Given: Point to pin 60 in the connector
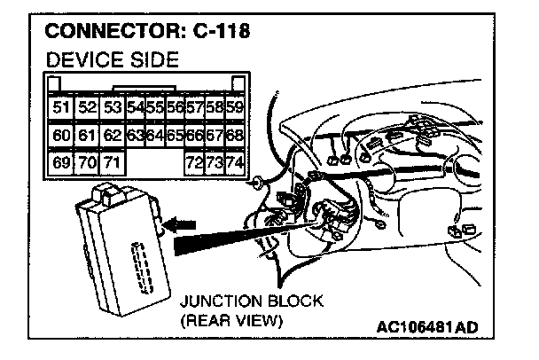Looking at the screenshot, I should [x=60, y=137].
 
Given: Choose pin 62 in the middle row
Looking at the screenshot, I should [x=112, y=137].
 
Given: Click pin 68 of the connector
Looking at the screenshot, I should [x=235, y=137].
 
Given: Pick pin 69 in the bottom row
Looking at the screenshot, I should [x=60, y=164].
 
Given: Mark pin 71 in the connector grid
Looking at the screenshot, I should [x=112, y=164].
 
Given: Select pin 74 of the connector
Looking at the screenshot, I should [x=235, y=164].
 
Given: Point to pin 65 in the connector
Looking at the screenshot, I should [x=175, y=137].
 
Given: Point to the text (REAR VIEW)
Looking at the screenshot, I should [x=230, y=320].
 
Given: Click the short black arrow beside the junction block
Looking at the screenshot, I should [x=181, y=226].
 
